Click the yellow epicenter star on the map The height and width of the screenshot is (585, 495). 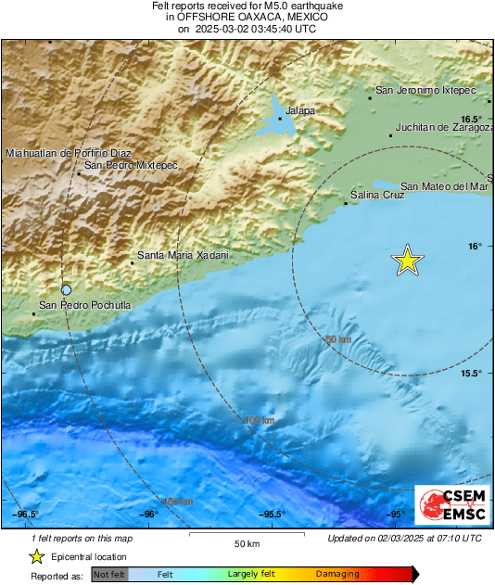pyautogui.click(x=407, y=261)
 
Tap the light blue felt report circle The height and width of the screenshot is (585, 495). pyautogui.click(x=67, y=289)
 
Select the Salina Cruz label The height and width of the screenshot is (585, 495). pyautogui.click(x=378, y=195)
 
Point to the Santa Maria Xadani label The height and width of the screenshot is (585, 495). pyautogui.click(x=182, y=254)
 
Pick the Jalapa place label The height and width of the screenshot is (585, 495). pyautogui.click(x=299, y=110)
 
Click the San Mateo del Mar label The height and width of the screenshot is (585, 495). pyautogui.click(x=444, y=185)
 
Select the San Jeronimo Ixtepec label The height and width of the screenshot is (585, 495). pyautogui.click(x=425, y=91)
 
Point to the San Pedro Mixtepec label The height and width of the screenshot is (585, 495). pyautogui.click(x=130, y=165)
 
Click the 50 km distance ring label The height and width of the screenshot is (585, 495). pyautogui.click(x=338, y=340)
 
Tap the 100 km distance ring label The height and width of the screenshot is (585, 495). pyautogui.click(x=261, y=421)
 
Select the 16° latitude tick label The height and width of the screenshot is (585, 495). pyautogui.click(x=475, y=246)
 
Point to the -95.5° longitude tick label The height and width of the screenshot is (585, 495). pyautogui.click(x=272, y=515)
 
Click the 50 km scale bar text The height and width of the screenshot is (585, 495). pyautogui.click(x=246, y=543)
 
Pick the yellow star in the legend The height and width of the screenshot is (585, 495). pyautogui.click(x=36, y=556)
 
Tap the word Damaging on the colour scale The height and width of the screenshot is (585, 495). pyautogui.click(x=336, y=575)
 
